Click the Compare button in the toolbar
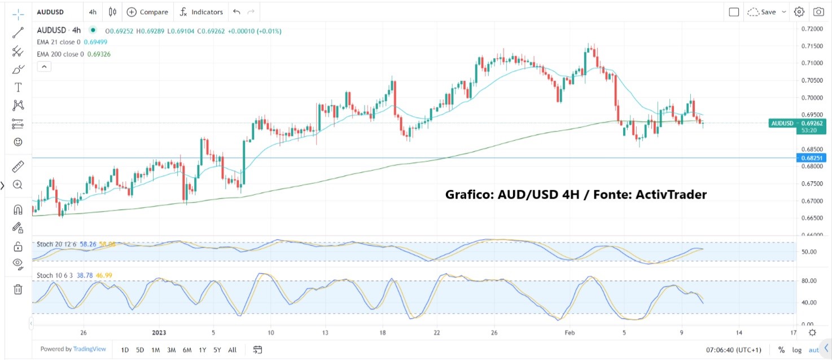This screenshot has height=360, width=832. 147,12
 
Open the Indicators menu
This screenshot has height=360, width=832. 202,12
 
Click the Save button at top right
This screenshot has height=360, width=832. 768,12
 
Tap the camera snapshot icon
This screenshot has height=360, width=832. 818,12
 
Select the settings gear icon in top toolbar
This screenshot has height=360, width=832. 799,12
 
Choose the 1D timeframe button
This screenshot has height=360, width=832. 125,350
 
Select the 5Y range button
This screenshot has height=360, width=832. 217,350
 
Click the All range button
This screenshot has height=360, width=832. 232,350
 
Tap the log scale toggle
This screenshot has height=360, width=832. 796,350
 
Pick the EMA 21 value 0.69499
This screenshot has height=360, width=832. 95,42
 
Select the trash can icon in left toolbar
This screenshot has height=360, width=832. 18,289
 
